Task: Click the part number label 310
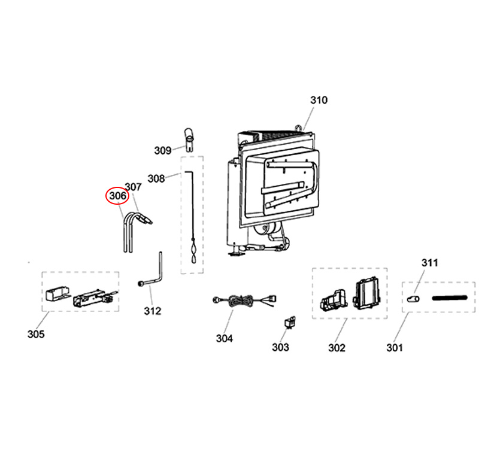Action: (x=319, y=100)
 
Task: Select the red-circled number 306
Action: (x=117, y=195)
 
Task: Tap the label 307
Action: (x=133, y=187)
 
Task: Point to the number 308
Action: (x=156, y=178)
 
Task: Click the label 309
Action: (x=163, y=150)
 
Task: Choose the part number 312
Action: (x=153, y=311)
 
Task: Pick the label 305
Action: (x=36, y=334)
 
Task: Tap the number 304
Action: (x=224, y=338)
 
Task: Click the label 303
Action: (x=280, y=347)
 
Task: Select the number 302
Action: (x=337, y=347)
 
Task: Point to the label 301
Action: (x=395, y=347)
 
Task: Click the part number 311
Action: (x=430, y=262)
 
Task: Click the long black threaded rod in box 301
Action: (x=448, y=297)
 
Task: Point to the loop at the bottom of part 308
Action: (x=193, y=259)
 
